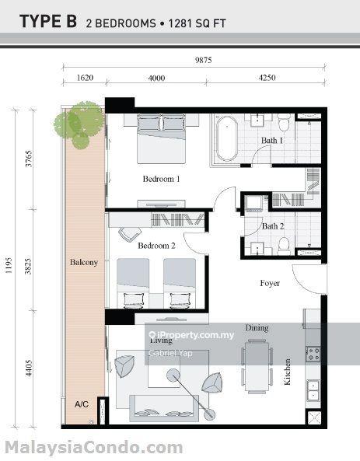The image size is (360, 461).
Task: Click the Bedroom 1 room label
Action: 161,179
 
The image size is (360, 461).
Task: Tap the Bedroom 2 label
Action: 156,246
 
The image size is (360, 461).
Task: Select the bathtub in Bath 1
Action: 227,139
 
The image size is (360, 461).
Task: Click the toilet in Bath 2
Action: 284,246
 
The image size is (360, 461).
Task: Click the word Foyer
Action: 270,283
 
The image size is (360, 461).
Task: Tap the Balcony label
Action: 84,262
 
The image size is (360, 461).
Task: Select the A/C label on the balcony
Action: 82,404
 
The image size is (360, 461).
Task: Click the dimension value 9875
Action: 204,60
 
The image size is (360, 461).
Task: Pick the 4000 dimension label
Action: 156,78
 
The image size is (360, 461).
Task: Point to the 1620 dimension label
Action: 85,78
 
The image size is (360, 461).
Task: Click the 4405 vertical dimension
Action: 28,368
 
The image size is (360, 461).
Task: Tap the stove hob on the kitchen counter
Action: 313,354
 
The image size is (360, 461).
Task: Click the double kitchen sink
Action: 313,390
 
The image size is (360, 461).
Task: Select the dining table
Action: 257,366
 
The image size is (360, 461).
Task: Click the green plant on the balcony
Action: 79,124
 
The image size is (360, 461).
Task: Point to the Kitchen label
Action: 287,372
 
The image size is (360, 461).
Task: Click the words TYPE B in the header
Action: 48,22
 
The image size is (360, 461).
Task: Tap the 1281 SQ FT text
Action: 197,23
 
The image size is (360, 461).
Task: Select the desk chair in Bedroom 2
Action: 129,234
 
